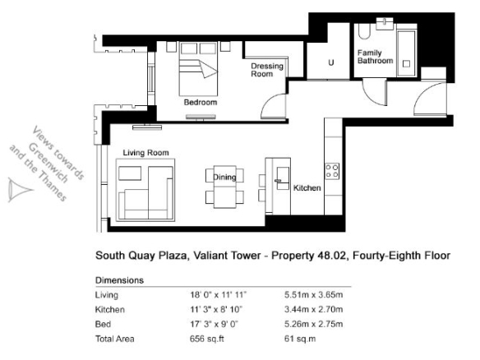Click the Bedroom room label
click(201, 102)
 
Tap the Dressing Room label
click(267, 70)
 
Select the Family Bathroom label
click(375, 57)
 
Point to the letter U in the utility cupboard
click(331, 62)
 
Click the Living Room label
click(145, 153)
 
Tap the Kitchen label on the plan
click(307, 188)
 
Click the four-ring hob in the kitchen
click(332, 172)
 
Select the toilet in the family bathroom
click(364, 31)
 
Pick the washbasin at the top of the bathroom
click(385, 24)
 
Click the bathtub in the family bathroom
click(406, 53)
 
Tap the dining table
click(224, 187)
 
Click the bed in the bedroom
click(198, 69)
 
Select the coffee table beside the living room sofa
click(130, 173)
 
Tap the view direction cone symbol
click(18, 190)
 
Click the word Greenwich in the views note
click(48, 164)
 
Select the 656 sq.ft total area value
click(207, 339)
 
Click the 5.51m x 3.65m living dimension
click(313, 295)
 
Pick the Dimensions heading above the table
click(119, 280)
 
